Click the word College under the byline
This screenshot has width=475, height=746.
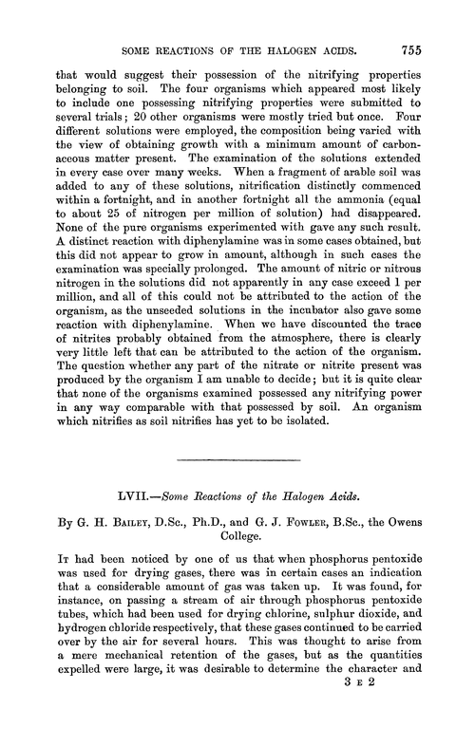pyautogui.click(x=237, y=536)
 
